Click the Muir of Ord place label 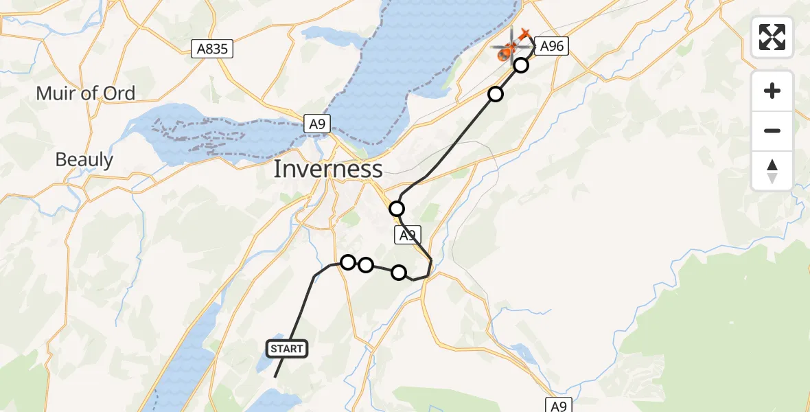(x=86, y=93)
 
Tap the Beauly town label (x=84, y=160)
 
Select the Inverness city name (x=328, y=169)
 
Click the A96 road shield (x=552, y=46)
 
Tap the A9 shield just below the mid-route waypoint (x=407, y=236)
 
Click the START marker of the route (x=286, y=349)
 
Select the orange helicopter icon (x=509, y=49)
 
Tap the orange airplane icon (x=525, y=34)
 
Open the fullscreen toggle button (x=772, y=37)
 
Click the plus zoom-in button (x=772, y=91)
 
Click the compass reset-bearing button (x=772, y=170)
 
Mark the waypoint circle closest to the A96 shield (x=521, y=65)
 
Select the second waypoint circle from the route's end (x=496, y=94)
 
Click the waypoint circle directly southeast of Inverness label (x=397, y=209)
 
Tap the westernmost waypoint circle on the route (x=348, y=262)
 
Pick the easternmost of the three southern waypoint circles (x=399, y=273)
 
